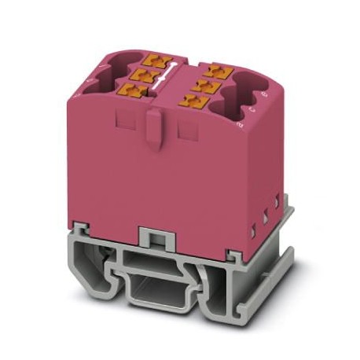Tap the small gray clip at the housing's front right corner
pyautogui.click(x=233, y=253)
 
